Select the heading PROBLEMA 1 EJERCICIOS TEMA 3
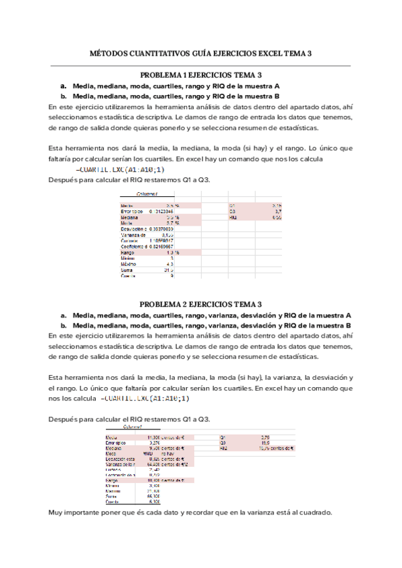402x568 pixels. [200, 76]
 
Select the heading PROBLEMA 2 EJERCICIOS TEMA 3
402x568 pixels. [200, 304]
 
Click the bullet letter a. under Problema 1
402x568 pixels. [63, 86]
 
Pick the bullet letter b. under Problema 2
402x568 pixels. [63, 326]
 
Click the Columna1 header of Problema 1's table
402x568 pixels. [140, 194]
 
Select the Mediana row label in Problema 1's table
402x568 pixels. [131, 218]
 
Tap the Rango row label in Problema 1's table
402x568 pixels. [129, 253]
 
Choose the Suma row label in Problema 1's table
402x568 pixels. [128, 270]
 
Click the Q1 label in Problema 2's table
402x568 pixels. [222, 437]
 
